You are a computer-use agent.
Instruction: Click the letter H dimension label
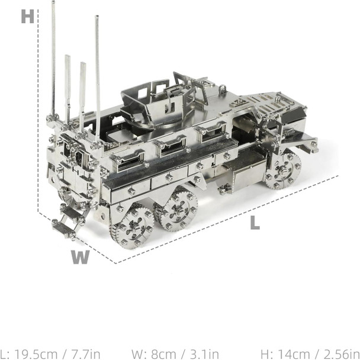[x=27, y=17]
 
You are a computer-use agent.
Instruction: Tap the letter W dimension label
[x=81, y=257]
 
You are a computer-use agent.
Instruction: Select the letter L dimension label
[x=255, y=223]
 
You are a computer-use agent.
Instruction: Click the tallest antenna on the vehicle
[x=53, y=59]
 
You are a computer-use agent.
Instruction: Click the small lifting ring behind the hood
[x=223, y=89]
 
